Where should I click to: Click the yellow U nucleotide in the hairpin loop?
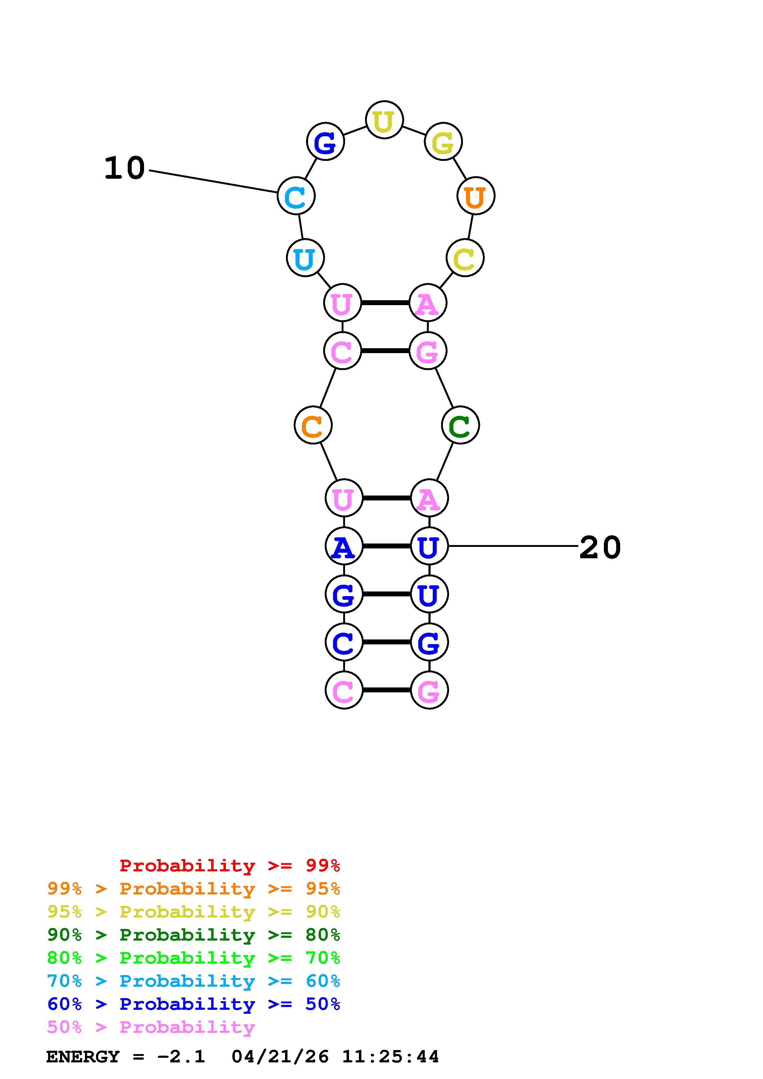[x=384, y=120]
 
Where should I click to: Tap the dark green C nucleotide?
[x=460, y=425]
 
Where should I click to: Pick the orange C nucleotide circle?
[x=313, y=425]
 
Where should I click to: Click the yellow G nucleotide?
[x=443, y=141]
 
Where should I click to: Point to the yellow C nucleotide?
[x=464, y=258]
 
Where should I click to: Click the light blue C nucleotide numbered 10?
[x=296, y=196]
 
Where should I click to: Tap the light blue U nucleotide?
[x=305, y=258]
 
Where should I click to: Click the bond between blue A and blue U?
[x=387, y=546]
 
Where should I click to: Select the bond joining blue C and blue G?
[x=387, y=642]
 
